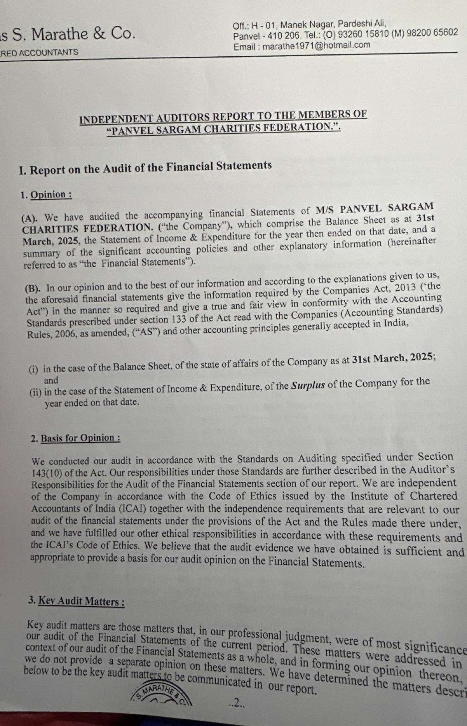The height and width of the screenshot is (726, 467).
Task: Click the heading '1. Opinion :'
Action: click(46, 195)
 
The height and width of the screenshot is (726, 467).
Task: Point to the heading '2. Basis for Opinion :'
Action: click(76, 438)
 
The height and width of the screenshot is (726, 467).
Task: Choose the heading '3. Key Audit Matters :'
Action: click(76, 601)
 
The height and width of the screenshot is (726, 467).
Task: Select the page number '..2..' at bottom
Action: click(237, 704)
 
